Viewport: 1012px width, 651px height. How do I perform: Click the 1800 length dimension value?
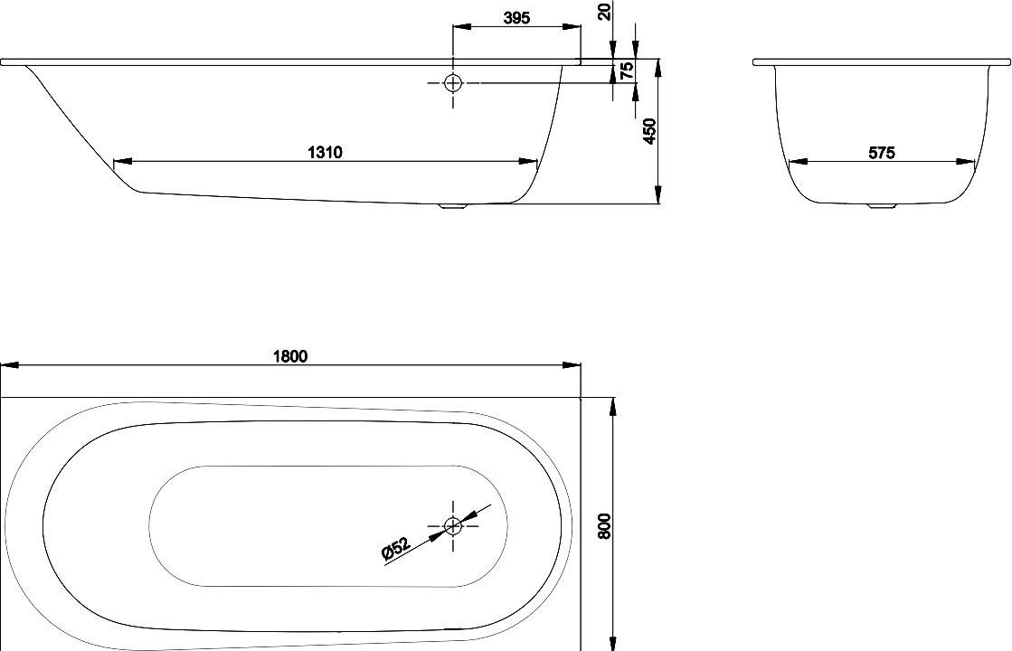tap(289, 356)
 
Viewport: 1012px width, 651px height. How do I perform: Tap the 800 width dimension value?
tap(604, 527)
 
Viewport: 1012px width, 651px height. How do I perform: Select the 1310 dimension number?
tap(325, 152)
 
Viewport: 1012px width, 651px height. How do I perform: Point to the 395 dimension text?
tap(517, 18)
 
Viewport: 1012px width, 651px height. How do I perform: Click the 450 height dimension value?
tap(650, 132)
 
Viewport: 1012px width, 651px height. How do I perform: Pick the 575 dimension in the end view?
tap(882, 153)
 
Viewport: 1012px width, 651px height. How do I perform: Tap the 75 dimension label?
tap(627, 71)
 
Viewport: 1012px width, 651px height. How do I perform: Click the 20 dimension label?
tap(604, 11)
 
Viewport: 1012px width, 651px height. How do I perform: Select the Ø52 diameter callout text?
tap(395, 548)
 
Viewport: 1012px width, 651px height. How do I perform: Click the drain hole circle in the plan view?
tap(453, 526)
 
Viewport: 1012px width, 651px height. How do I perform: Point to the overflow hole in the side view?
tap(453, 82)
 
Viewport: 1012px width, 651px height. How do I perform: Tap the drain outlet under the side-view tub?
tap(454, 206)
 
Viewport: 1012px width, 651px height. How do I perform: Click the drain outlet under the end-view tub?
tap(882, 206)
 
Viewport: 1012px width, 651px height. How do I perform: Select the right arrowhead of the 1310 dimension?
tap(528, 161)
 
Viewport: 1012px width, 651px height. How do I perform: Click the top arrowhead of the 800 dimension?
tap(612, 406)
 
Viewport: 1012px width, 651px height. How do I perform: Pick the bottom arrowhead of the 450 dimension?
tap(658, 195)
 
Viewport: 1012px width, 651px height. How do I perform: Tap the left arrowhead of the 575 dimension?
tap(799, 162)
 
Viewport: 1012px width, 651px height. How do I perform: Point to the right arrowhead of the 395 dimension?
tap(572, 26)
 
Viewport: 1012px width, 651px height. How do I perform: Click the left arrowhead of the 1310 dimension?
tap(122, 161)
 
